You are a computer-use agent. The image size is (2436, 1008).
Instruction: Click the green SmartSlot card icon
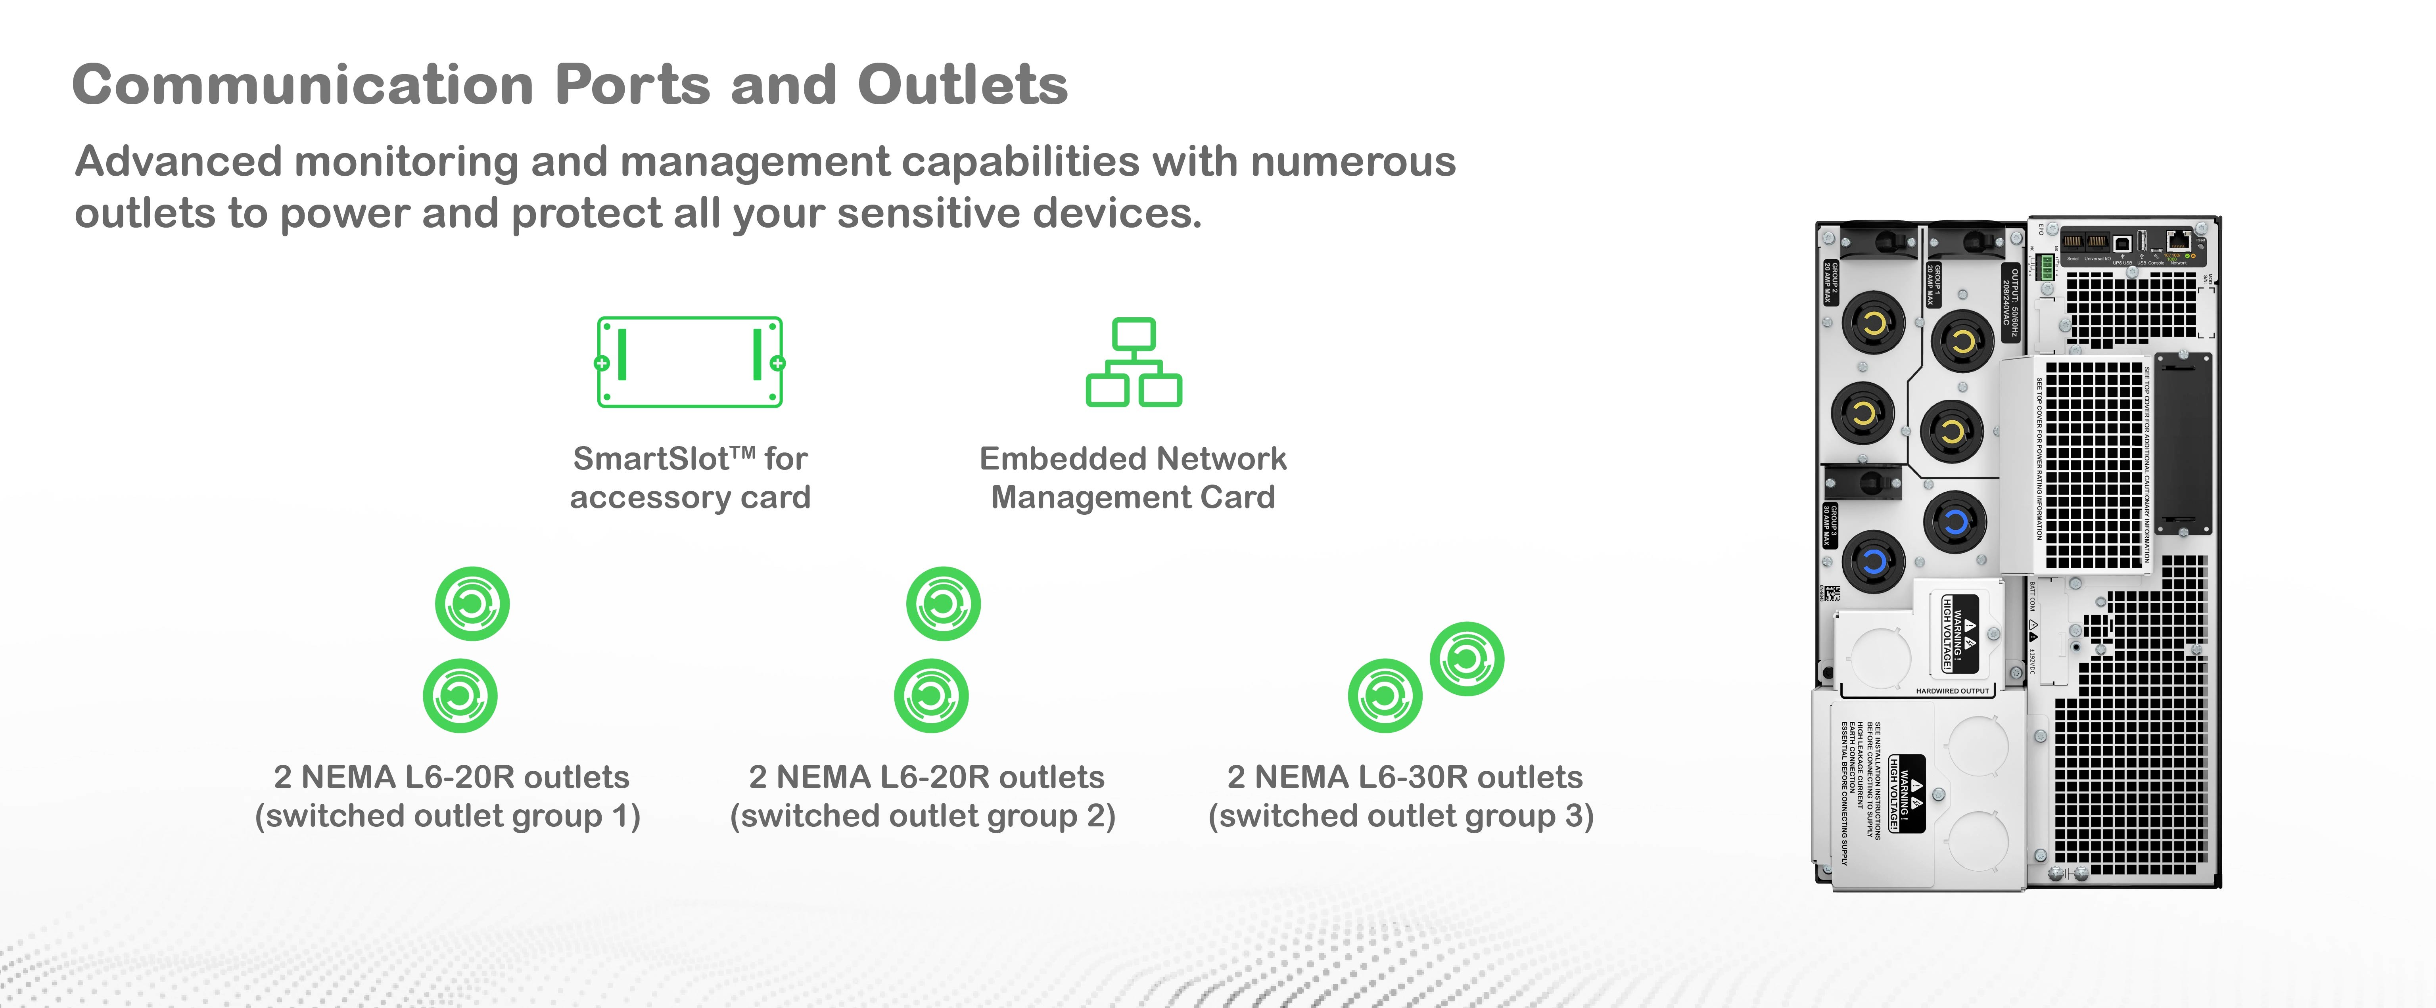[x=689, y=362]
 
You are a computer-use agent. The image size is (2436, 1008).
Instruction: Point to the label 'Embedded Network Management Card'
[x=1132, y=477]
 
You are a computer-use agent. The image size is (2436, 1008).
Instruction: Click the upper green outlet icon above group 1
[x=472, y=603]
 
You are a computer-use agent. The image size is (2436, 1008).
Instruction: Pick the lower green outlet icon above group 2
[x=930, y=696]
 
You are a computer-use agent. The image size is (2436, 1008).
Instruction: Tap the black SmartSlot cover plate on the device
[x=2182, y=443]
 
